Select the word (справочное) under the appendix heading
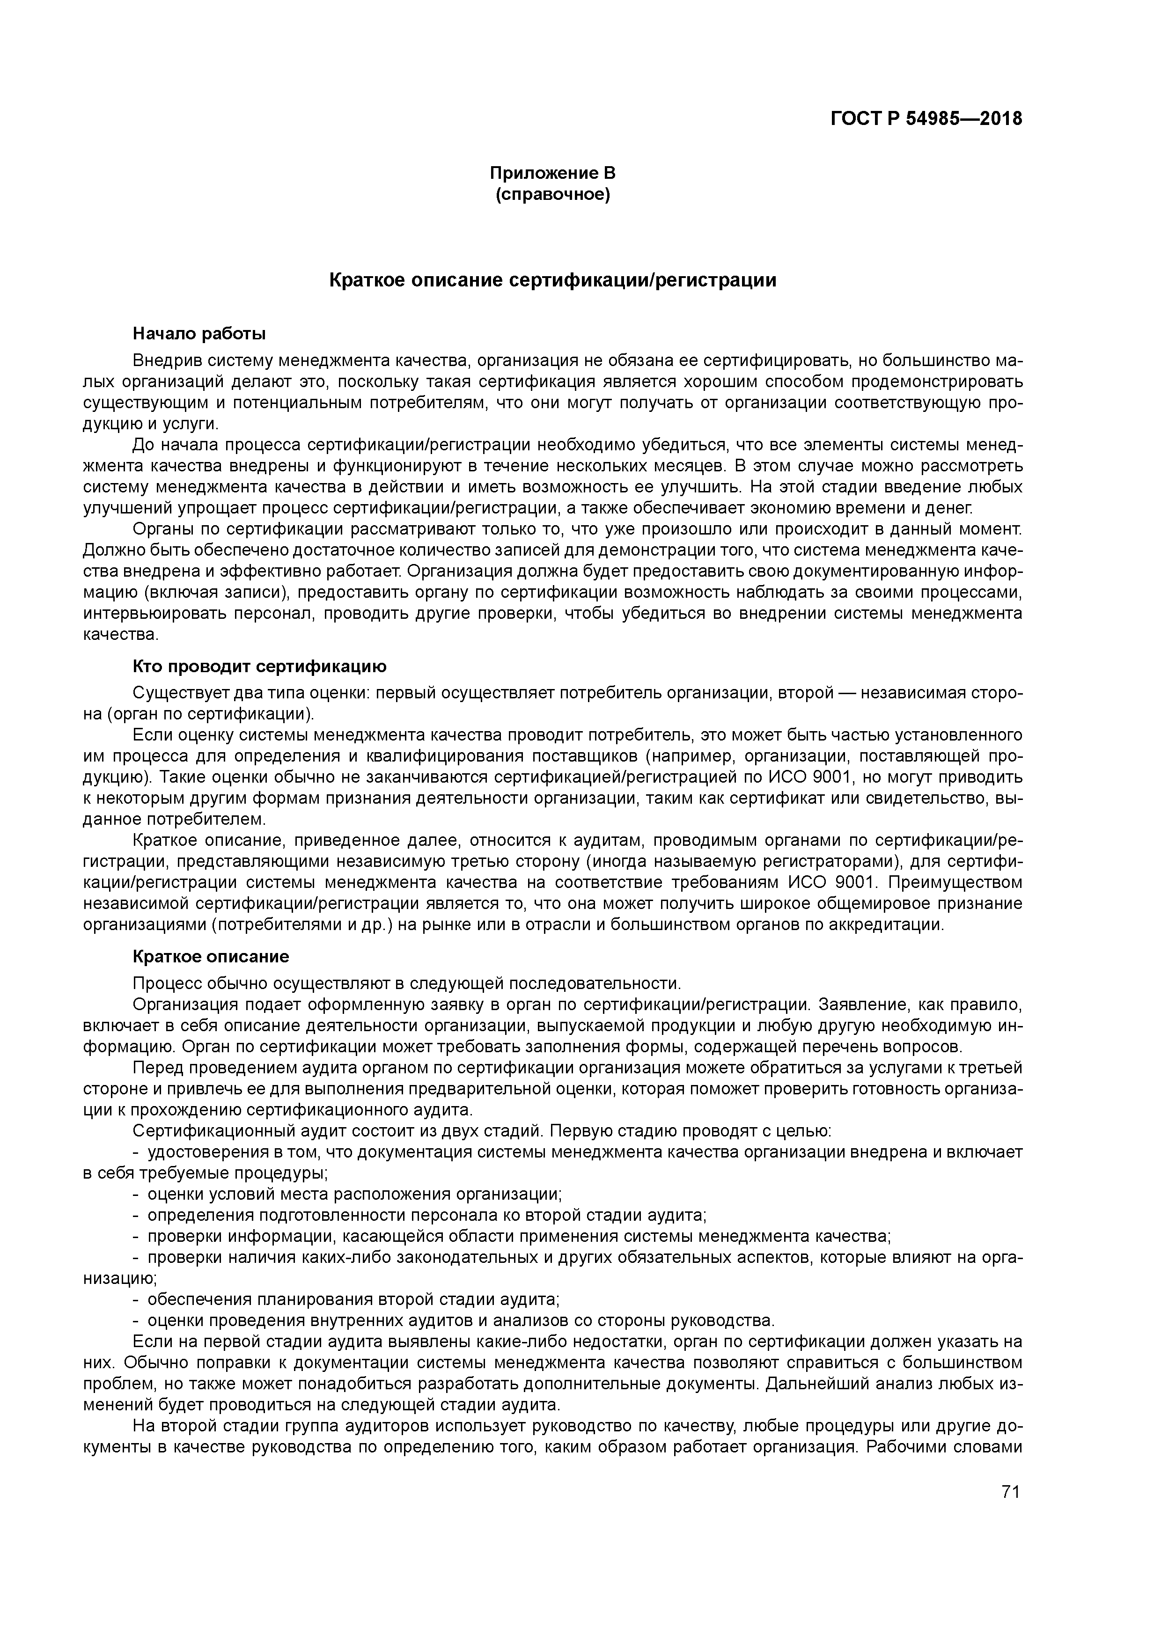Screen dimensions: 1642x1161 click(552, 195)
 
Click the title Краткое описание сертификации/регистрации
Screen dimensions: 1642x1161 click(552, 280)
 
